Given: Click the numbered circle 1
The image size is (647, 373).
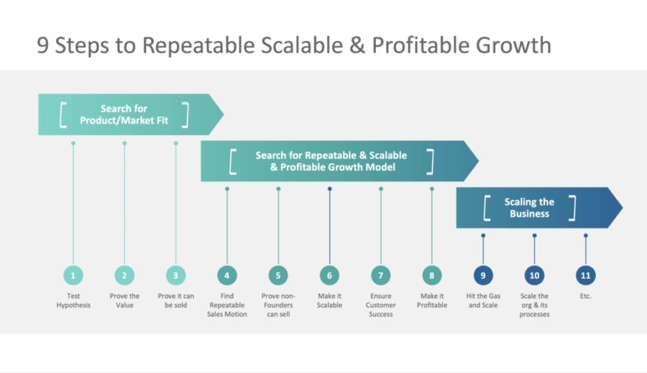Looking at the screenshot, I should (x=73, y=275).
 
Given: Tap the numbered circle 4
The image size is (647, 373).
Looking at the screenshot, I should (x=227, y=275).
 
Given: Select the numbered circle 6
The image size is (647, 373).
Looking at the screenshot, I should (x=329, y=275).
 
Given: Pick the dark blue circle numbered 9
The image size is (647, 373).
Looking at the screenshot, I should (x=483, y=275).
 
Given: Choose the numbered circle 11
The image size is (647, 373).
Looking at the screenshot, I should (x=586, y=275).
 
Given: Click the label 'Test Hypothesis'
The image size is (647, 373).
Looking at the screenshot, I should (x=73, y=300).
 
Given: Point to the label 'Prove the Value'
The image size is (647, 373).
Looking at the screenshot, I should (x=124, y=300).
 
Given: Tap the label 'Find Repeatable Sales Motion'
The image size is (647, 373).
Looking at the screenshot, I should (x=227, y=305).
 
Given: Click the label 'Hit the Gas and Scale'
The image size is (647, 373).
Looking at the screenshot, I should (x=483, y=300).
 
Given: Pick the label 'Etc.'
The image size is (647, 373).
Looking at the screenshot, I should (x=586, y=296).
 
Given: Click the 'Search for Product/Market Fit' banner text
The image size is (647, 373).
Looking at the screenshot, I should (x=124, y=114).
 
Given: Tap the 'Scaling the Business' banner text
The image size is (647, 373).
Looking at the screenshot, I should (x=529, y=208).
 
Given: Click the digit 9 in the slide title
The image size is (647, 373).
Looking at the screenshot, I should (x=43, y=45).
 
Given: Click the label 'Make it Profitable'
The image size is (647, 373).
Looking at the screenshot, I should (x=431, y=300).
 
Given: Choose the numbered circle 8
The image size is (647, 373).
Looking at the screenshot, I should (x=431, y=275).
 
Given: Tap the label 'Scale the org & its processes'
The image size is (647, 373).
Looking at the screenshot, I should (x=534, y=305).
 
